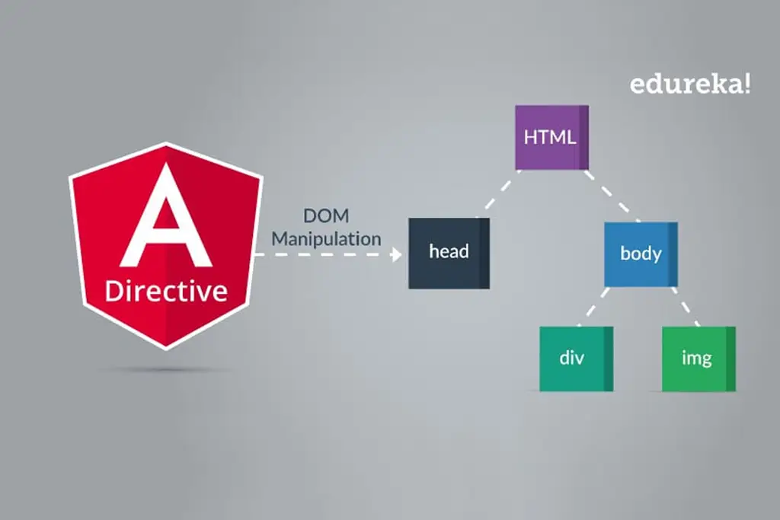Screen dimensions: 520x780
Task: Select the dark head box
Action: [449, 253]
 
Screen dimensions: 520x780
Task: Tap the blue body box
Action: [641, 254]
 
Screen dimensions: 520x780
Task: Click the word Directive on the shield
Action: [166, 291]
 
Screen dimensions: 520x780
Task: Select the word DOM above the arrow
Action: [326, 216]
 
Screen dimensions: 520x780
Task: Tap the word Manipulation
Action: [326, 238]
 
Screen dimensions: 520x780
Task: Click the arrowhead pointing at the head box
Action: [396, 254]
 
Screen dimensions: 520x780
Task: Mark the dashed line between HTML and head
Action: [498, 193]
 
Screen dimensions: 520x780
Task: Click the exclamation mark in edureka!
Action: [746, 84]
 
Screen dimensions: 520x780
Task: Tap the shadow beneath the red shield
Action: [166, 370]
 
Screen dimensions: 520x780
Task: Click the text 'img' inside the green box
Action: [696, 359]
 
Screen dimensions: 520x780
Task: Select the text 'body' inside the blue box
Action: [641, 254]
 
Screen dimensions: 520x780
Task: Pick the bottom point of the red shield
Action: [165, 348]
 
